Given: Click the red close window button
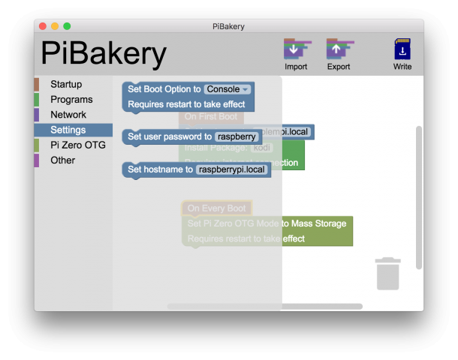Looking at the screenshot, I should point(43,26).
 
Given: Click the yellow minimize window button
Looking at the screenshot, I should point(55,26).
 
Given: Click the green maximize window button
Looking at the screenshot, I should point(67,26).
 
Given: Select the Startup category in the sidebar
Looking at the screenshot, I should point(66,84).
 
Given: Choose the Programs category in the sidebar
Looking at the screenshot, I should point(71,99).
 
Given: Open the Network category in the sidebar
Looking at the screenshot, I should point(68,115).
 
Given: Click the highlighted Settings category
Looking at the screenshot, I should point(68,130).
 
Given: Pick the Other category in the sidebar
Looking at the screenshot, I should point(63,160).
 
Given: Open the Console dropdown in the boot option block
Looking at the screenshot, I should point(227,89).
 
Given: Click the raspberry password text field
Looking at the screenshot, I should point(237,136).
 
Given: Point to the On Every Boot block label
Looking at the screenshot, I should point(216,208).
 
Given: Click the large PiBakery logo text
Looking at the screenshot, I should point(103,53).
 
